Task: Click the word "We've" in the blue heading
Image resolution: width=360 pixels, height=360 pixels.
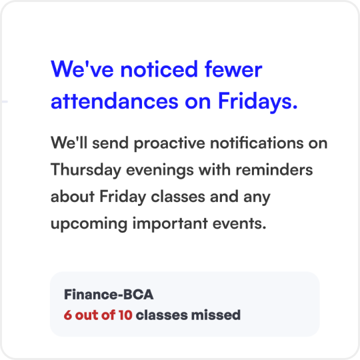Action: (82, 69)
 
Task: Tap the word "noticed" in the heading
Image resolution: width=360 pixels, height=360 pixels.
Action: (159, 69)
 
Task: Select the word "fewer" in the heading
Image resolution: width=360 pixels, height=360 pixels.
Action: (233, 69)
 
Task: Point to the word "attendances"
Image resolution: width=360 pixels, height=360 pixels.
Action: (115, 101)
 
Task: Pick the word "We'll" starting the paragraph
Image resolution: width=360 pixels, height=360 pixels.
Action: (69, 143)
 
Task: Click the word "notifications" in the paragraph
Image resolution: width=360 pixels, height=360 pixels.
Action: (257, 143)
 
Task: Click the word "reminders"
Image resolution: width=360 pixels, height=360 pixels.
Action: (274, 169)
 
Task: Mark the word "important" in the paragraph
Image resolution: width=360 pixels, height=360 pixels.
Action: (170, 224)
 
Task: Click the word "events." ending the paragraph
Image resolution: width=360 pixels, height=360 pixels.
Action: (239, 223)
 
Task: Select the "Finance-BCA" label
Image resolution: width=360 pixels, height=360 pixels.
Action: (109, 295)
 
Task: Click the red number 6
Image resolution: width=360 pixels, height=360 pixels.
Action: (67, 315)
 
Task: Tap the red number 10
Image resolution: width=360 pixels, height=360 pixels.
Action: (125, 315)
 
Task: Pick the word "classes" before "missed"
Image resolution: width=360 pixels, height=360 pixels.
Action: (161, 315)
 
